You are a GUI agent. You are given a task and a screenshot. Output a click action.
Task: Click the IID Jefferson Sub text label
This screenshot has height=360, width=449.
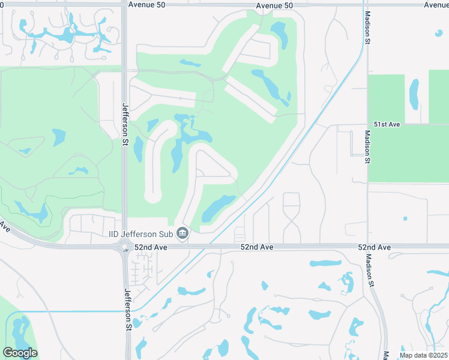142,233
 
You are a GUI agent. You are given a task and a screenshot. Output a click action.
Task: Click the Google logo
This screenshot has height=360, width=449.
20,353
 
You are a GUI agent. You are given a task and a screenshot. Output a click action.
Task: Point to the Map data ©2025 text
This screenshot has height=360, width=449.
424,355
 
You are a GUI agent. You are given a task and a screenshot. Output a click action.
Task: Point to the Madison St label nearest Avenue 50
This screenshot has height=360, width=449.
365,26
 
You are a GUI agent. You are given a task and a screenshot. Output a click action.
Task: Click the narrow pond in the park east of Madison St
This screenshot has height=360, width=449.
414,93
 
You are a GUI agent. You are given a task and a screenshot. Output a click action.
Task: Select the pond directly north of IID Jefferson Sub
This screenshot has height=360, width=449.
220,208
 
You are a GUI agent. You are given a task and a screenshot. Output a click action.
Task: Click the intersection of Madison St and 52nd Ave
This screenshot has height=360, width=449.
367,246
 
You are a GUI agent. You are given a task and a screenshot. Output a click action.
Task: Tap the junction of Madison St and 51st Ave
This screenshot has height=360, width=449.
367,125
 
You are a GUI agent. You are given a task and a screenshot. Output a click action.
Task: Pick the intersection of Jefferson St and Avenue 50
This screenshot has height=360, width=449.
124,5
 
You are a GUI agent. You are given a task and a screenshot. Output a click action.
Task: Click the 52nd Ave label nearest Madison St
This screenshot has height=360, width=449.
375,247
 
